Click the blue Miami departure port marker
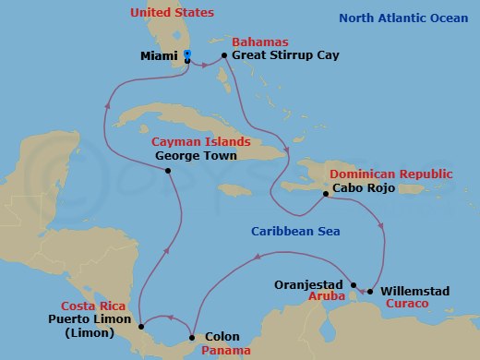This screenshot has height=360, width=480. click(x=186, y=56)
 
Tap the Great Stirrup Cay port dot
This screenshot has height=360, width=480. click(x=224, y=56)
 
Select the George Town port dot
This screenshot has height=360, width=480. click(x=167, y=170)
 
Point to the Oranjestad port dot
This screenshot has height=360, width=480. click(x=354, y=284)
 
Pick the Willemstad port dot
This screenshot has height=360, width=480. click(x=370, y=292)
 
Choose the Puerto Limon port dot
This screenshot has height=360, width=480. click(x=141, y=326)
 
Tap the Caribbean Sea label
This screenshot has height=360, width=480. click(x=294, y=234)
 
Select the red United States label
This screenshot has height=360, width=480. click(x=172, y=13)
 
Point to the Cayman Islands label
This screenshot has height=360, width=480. click(x=201, y=142)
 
